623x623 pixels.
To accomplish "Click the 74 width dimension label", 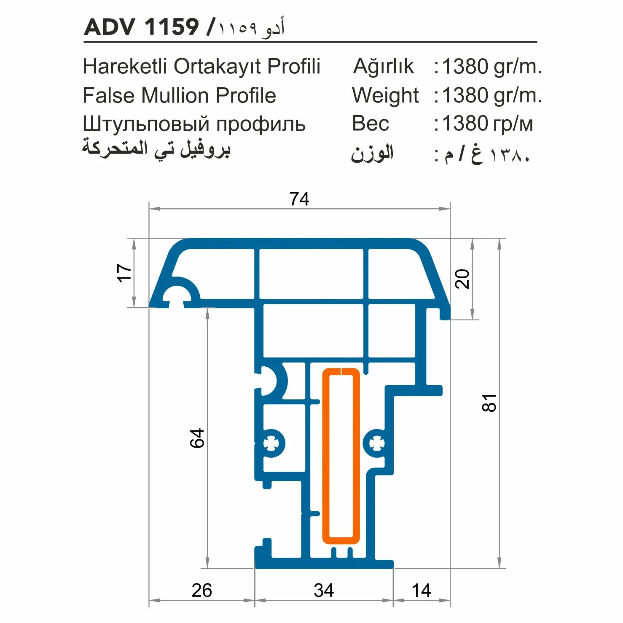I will pyautogui.click(x=299, y=199).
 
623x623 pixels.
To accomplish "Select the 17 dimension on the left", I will pyautogui.click(x=124, y=273).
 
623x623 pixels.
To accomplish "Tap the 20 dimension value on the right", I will pyautogui.click(x=462, y=279).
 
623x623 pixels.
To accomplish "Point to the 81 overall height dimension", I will pyautogui.click(x=489, y=403).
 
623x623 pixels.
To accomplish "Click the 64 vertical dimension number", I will pyautogui.click(x=197, y=438).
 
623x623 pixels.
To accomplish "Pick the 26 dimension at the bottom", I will pyautogui.click(x=201, y=590).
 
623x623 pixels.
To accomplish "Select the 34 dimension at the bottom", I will pyautogui.click(x=324, y=590).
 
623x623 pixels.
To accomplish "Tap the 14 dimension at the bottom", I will pyautogui.click(x=421, y=590).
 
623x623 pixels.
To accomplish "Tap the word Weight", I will pyautogui.click(x=385, y=95).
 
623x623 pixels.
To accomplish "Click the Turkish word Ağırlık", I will pyautogui.click(x=383, y=67).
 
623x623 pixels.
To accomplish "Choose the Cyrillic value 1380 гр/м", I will pyautogui.click(x=488, y=124).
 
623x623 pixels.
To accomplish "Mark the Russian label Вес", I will pyautogui.click(x=371, y=124).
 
